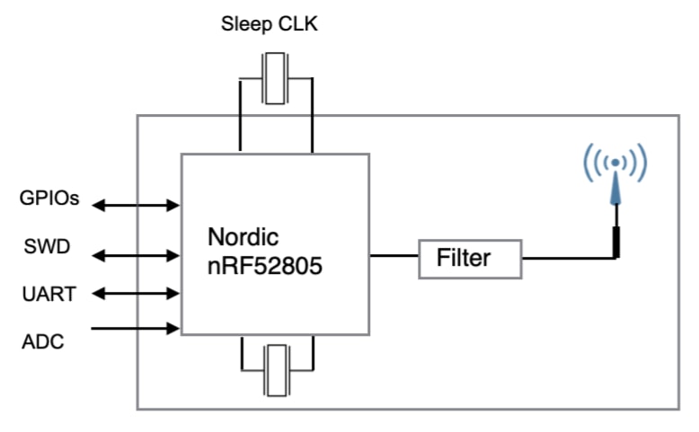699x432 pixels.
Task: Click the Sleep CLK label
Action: [x=270, y=24]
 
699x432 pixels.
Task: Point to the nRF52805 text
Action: [x=265, y=267]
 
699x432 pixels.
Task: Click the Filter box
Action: [x=470, y=259]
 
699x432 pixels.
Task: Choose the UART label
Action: [x=48, y=293]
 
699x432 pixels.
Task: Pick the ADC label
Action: [x=42, y=340]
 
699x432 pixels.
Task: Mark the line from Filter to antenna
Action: [x=566, y=258]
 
